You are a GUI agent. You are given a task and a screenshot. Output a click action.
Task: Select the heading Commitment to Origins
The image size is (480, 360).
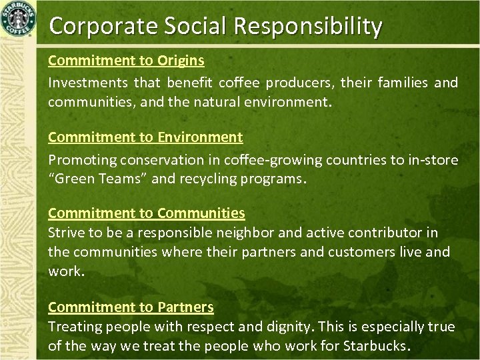click(126, 61)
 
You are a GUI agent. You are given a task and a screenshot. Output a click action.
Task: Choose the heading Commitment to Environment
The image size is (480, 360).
click(145, 137)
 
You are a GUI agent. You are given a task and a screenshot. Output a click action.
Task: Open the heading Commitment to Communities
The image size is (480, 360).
click(147, 213)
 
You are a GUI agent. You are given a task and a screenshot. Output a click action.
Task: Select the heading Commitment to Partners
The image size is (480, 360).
click(131, 307)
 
